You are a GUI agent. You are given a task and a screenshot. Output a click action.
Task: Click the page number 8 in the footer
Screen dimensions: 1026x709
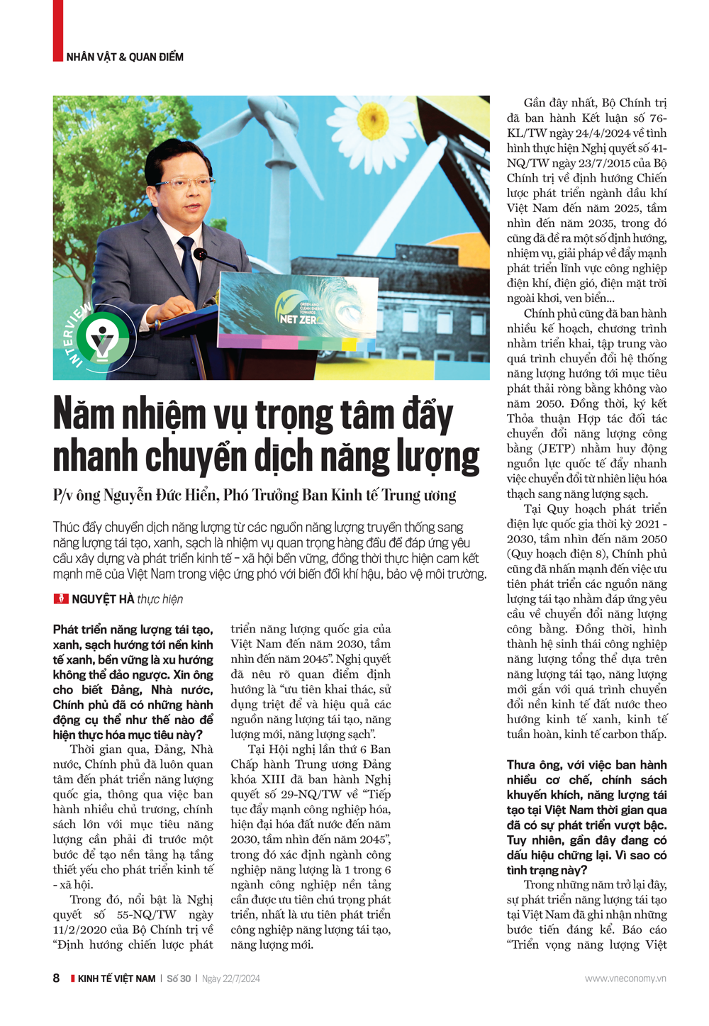pyautogui.click(x=57, y=978)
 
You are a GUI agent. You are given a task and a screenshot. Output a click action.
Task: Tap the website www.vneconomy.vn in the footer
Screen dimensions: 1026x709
pyautogui.click(x=625, y=978)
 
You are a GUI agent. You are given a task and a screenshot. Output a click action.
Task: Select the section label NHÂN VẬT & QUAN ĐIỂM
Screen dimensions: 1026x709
pyautogui.click(x=125, y=57)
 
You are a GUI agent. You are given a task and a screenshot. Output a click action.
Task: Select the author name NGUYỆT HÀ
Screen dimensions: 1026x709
pyautogui.click(x=103, y=599)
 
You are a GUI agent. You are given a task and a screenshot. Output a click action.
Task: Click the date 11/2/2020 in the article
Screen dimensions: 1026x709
pyautogui.click(x=83, y=930)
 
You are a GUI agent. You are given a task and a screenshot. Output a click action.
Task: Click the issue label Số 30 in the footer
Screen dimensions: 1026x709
pyautogui.click(x=179, y=978)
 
